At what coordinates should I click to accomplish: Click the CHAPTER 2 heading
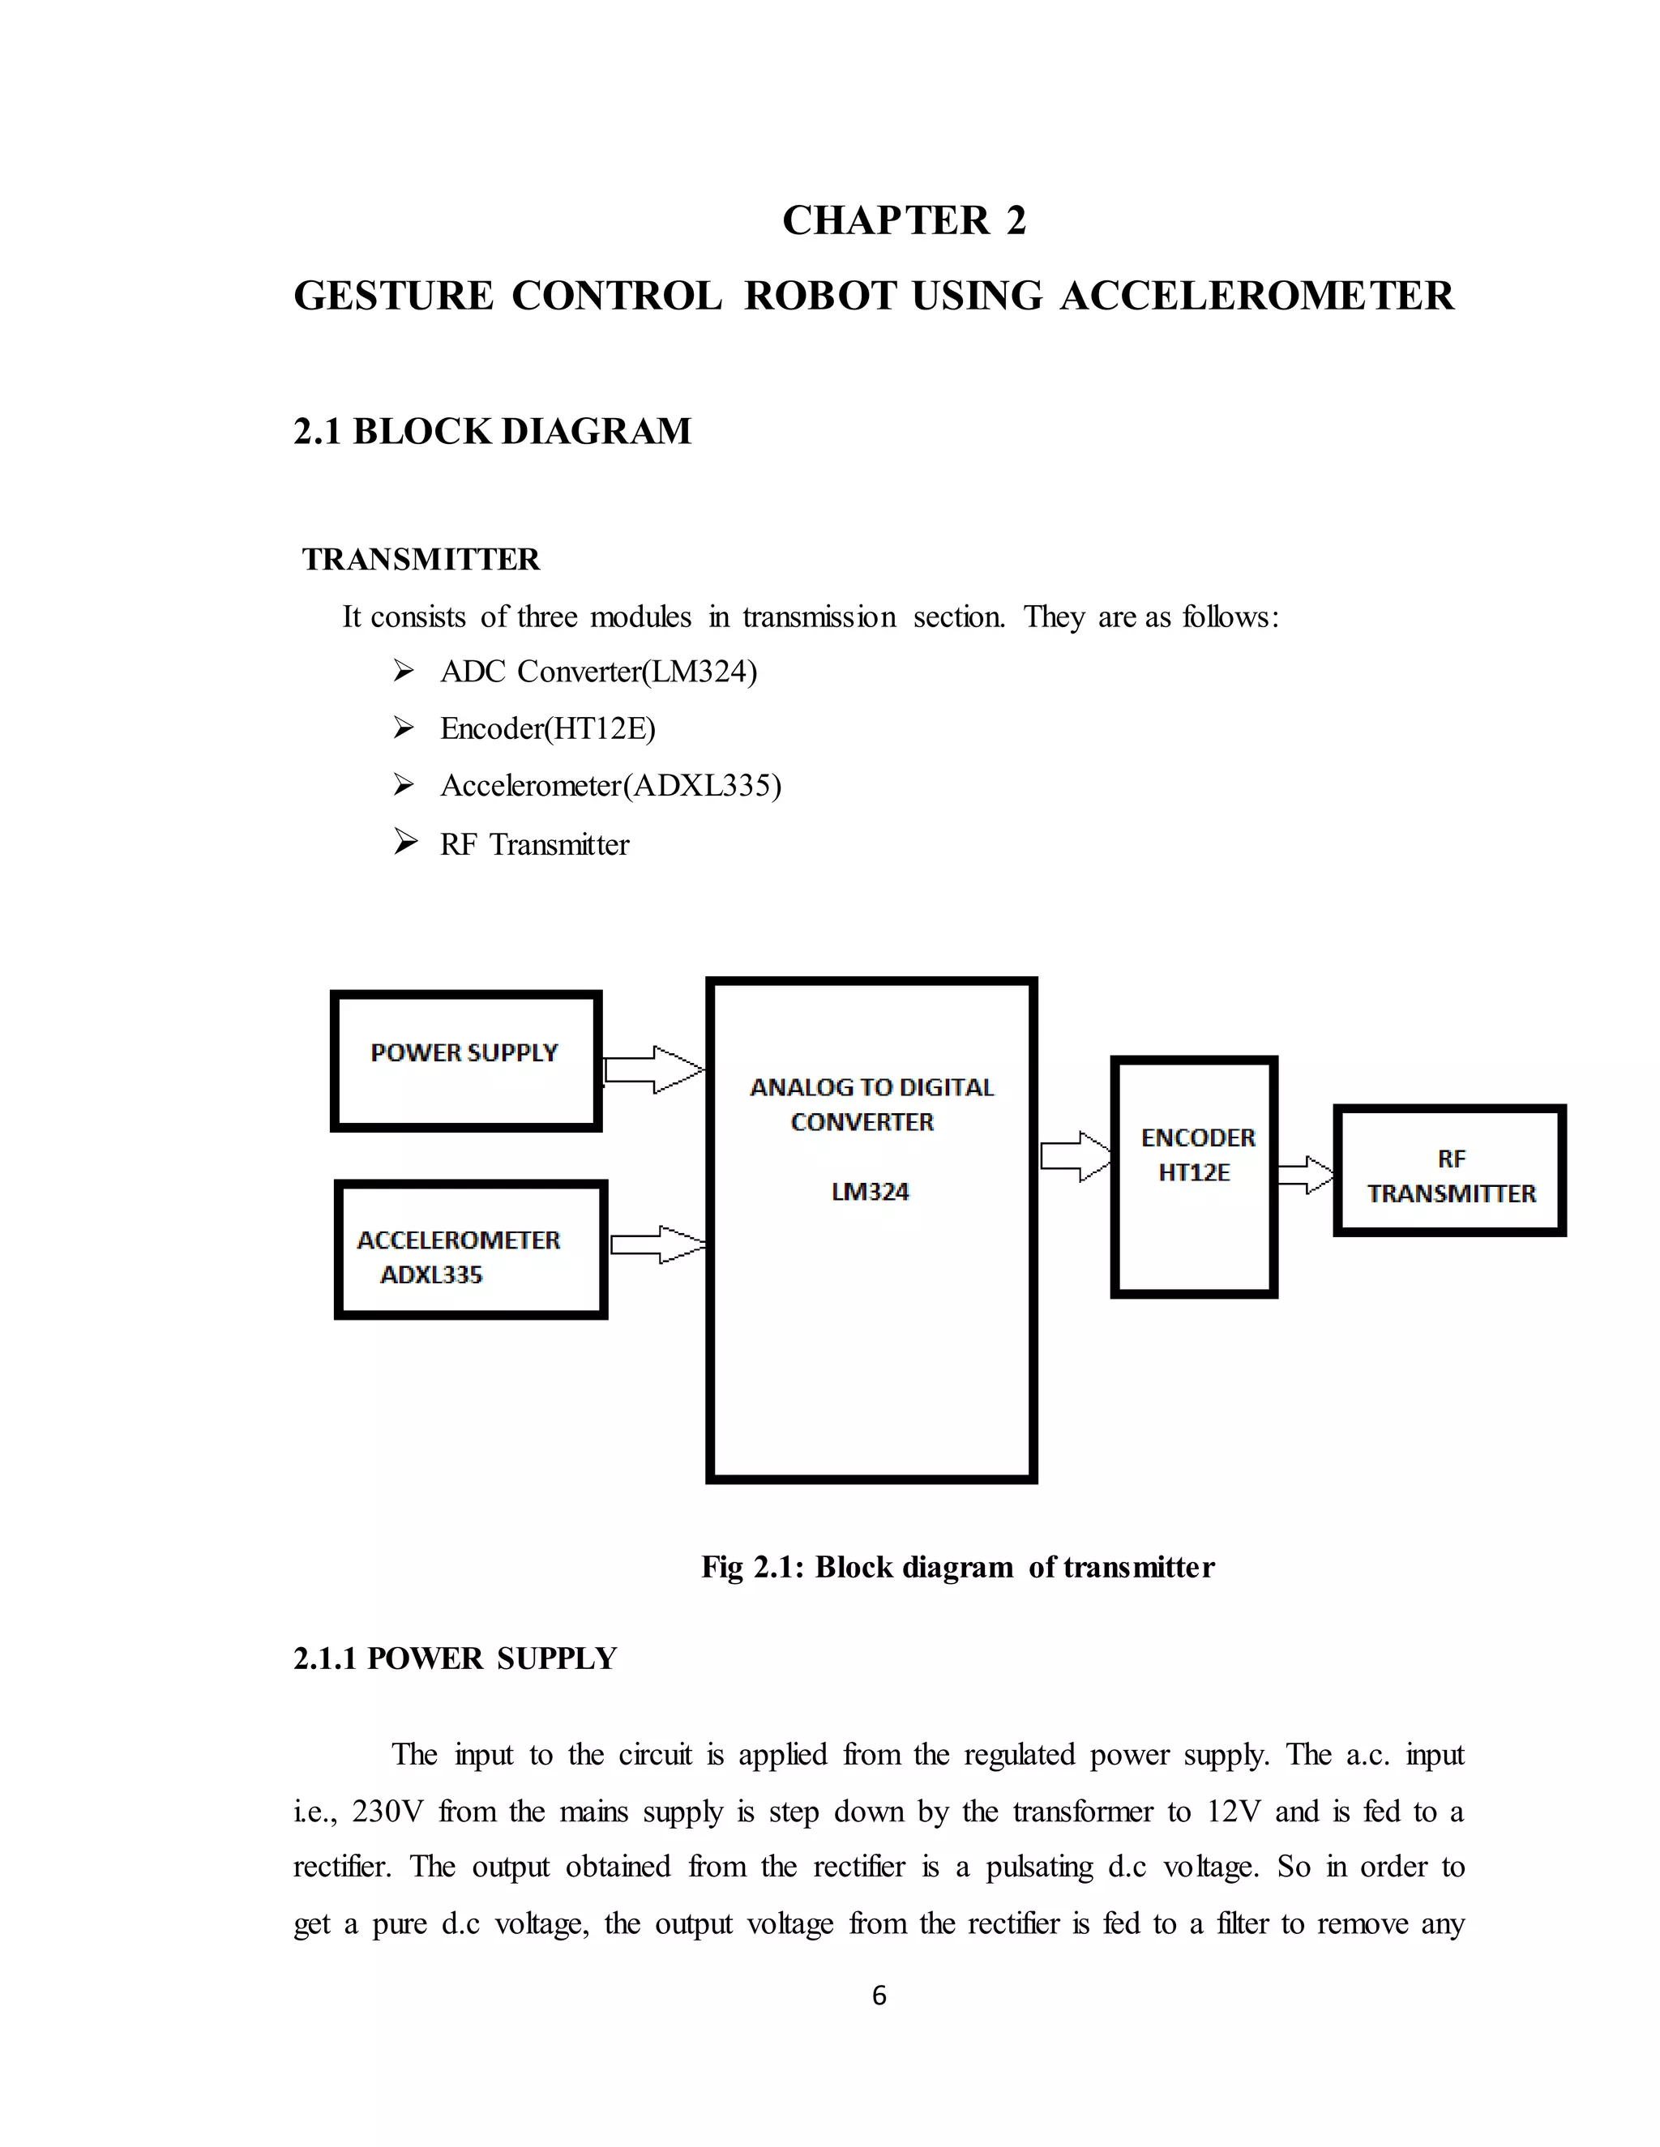point(904,220)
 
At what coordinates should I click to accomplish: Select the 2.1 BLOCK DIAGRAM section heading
point(492,432)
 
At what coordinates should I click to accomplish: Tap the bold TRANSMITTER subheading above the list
point(421,559)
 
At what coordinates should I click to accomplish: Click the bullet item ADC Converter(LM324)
point(598,672)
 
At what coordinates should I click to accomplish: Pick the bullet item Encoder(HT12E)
point(548,728)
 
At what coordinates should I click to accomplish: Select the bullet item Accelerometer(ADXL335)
point(610,785)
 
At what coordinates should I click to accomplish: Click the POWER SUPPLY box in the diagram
point(465,1061)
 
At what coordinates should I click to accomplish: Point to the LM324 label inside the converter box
point(870,1193)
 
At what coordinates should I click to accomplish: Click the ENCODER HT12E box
point(1194,1176)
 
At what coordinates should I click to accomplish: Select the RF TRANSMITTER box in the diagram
point(1449,1171)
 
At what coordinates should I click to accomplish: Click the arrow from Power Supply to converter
point(653,1069)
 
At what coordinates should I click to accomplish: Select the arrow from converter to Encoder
point(1075,1156)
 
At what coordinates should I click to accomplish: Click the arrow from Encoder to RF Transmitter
point(1305,1175)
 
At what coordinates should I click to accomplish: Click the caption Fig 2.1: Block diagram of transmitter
point(957,1567)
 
